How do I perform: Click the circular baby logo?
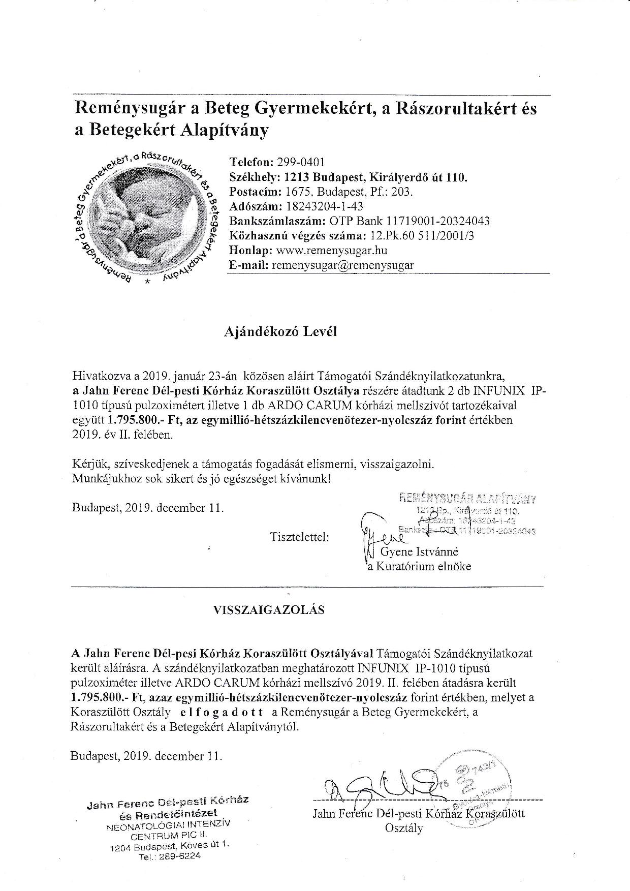pos(144,218)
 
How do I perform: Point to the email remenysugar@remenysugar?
pos(343,265)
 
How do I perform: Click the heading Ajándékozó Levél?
pos(280,332)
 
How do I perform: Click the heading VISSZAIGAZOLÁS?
pos(269,610)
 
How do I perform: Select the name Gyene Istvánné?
pos(423,551)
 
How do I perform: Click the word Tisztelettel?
pos(300,537)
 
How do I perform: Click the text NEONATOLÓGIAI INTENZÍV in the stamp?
pos(168,825)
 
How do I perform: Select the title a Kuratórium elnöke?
pos(419,566)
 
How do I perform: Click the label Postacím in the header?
pos(255,192)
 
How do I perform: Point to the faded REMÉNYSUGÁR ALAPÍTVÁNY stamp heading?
pos(468,498)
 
